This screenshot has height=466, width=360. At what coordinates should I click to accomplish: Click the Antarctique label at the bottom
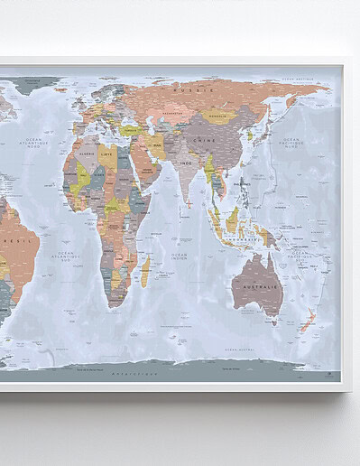[x=134, y=372]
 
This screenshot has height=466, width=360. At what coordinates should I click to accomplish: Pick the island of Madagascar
[x=145, y=270]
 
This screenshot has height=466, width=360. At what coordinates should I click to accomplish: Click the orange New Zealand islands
[x=308, y=319]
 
